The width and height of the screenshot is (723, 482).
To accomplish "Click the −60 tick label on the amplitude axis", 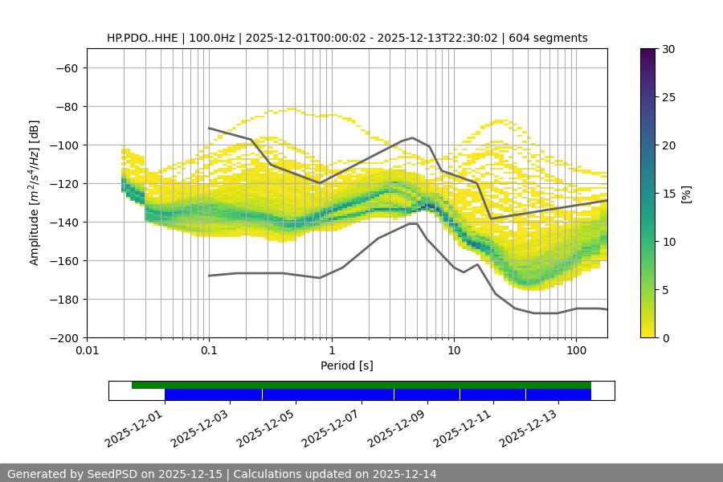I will tap(65, 67).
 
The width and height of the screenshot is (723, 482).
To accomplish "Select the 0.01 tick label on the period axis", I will tap(87, 351).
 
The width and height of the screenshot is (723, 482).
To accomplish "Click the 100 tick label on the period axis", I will tap(576, 351).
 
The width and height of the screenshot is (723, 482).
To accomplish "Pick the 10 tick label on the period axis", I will tap(454, 351).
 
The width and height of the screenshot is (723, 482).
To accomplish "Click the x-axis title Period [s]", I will tap(347, 366).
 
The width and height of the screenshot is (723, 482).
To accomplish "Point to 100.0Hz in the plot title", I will tap(214, 38).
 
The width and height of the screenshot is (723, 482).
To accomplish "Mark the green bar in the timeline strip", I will tap(361, 385).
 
